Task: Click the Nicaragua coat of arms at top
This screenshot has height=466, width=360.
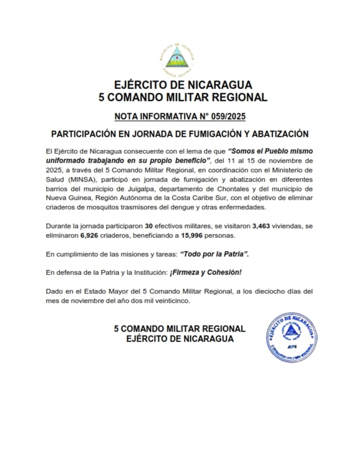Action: (177, 60)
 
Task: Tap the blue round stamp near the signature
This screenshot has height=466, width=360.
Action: (291, 336)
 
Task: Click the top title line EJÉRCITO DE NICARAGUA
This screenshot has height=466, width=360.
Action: (183, 84)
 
